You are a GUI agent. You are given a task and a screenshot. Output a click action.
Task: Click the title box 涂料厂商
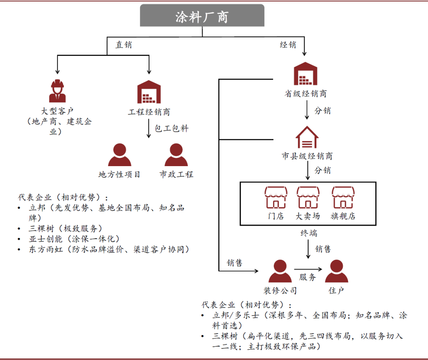tap(202, 16)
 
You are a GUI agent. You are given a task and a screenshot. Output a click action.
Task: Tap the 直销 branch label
tap(124, 45)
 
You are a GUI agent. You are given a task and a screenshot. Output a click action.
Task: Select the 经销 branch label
tap(288, 45)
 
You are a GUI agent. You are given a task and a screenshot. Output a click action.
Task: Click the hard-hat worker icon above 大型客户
tap(57, 91)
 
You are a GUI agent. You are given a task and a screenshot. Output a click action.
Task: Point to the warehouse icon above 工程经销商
tap(149, 92)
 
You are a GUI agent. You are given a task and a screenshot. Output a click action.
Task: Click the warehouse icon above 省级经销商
tap(306, 74)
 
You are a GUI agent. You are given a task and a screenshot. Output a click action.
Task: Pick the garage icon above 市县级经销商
tap(307, 137)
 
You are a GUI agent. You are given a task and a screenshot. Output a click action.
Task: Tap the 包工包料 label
tap(172, 128)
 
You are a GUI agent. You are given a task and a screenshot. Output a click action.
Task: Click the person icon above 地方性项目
tap(119, 155)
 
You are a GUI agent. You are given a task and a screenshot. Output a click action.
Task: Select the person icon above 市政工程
tap(176, 155)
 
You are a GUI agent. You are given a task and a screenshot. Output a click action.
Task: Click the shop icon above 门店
tap(275, 197)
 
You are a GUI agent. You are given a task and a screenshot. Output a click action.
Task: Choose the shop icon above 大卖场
tap(308, 197)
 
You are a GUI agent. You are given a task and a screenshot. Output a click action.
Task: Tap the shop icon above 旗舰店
tap(343, 197)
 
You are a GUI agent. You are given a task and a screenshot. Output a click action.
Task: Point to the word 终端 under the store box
tap(308, 233)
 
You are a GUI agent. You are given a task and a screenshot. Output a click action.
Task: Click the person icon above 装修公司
tap(280, 271)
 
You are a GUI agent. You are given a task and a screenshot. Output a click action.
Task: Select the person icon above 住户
tap(336, 271)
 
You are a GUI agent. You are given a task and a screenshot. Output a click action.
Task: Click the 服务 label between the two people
tap(308, 277)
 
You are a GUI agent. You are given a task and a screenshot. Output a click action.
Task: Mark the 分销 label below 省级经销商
tap(322, 111)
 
